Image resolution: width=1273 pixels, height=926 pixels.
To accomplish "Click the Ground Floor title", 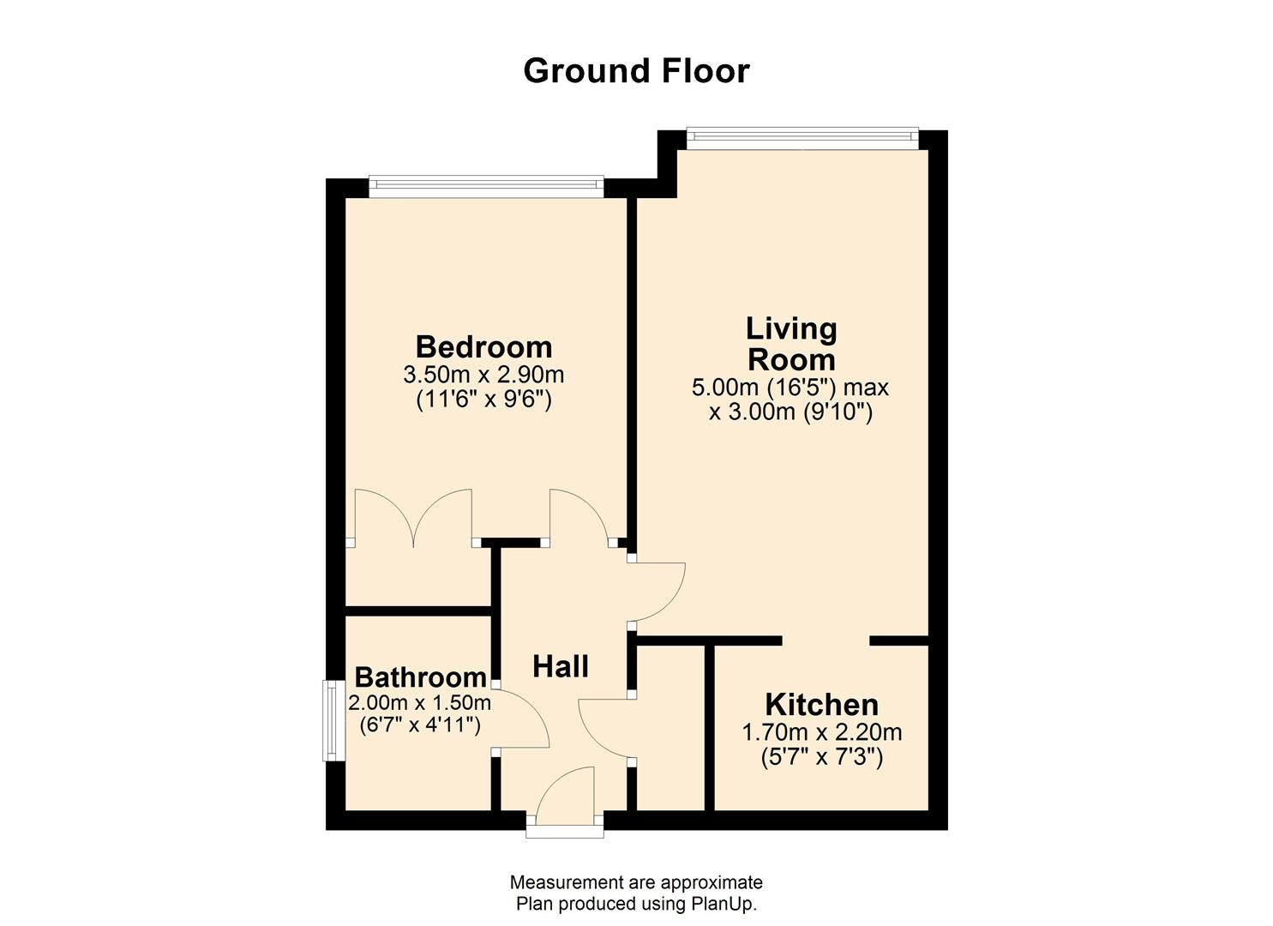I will [636, 71].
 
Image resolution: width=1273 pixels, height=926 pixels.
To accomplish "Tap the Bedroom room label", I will [483, 347].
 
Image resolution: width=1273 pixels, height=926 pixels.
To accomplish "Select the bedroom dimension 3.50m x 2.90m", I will [483, 375].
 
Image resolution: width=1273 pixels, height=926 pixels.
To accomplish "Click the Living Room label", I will [790, 343].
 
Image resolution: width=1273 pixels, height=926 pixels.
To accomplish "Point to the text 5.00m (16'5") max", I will [790, 387].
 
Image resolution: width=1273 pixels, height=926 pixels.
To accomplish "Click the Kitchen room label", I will [821, 705].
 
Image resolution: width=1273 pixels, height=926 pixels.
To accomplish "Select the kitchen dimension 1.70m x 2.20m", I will [821, 732].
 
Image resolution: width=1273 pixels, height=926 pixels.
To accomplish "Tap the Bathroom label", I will [420, 677].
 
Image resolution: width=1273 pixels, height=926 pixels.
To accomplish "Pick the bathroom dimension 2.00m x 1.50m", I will [419, 703].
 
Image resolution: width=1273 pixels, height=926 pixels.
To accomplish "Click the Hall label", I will [561, 666].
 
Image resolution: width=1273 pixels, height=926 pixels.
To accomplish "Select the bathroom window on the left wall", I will [333, 720].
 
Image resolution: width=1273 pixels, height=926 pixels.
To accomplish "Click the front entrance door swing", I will [566, 793].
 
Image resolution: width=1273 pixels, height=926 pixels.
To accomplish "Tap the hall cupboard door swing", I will [605, 729].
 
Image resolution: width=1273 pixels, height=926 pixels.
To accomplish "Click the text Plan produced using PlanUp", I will [636, 904].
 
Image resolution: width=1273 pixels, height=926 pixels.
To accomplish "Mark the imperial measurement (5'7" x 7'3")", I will [821, 758].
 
